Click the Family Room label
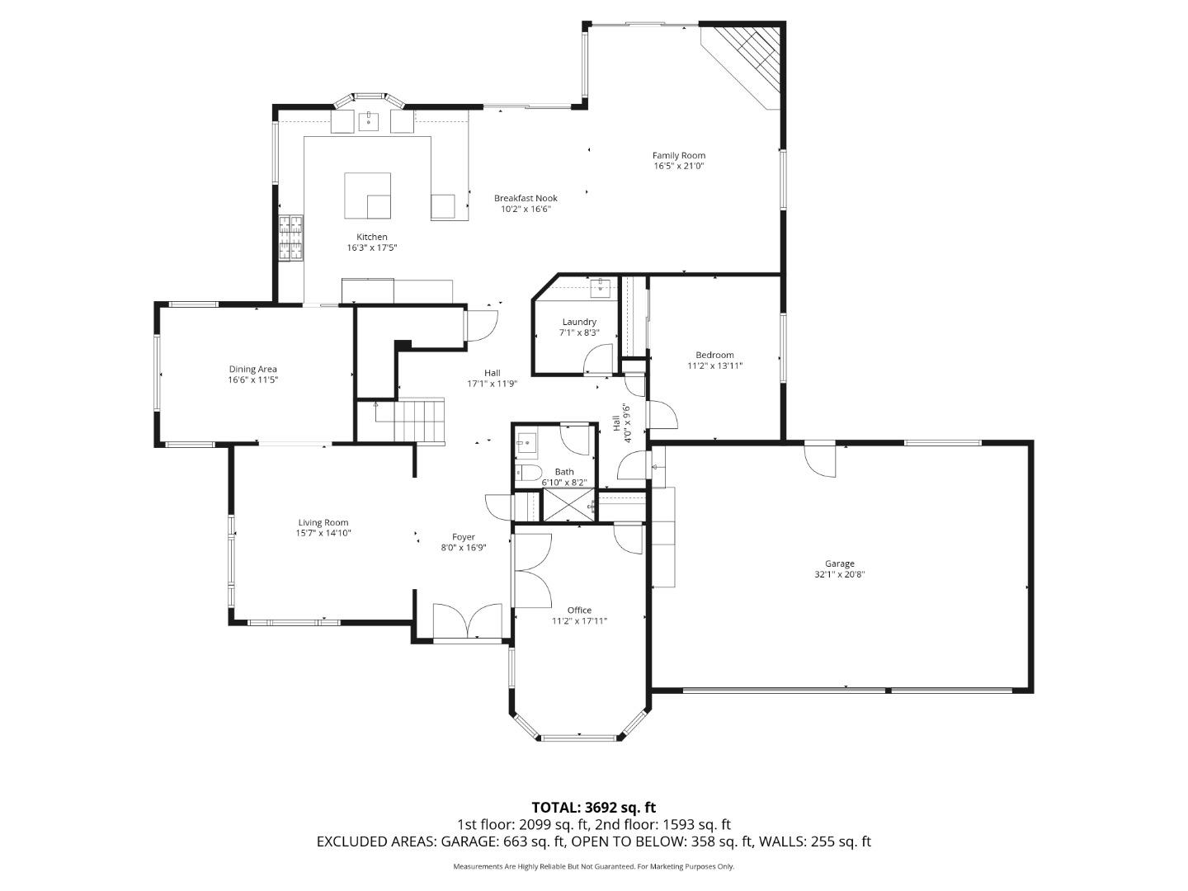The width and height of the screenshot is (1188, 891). [x=678, y=155]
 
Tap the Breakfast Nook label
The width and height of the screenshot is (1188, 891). [x=526, y=198]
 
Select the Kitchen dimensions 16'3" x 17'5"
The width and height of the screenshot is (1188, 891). [x=371, y=247]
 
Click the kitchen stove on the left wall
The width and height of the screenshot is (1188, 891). [x=290, y=238]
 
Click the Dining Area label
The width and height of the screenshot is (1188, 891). [x=252, y=369]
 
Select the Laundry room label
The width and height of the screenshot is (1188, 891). [x=578, y=322]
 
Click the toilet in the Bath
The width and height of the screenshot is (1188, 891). [x=526, y=474]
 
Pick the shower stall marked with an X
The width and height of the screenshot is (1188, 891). [x=568, y=506]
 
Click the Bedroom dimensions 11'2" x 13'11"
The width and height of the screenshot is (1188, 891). [x=714, y=365]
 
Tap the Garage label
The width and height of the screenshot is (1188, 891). [x=839, y=563]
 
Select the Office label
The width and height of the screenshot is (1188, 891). [x=578, y=610]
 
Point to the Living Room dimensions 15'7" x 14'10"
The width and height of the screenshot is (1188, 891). [x=323, y=533]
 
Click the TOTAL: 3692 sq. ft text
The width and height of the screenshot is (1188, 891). [x=593, y=807]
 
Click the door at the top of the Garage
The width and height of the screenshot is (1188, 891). [x=820, y=460]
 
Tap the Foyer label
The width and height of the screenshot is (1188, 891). [x=463, y=537]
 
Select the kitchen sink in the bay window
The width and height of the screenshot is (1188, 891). [x=368, y=121]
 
